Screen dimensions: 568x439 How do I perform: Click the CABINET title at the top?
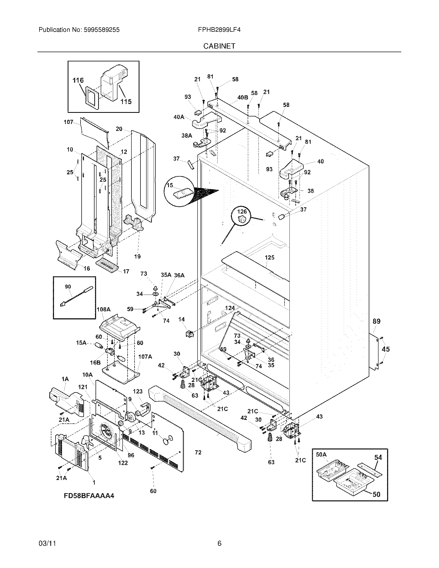219,46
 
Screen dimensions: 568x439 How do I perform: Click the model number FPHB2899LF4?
219,30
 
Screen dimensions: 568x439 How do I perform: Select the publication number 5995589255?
101,30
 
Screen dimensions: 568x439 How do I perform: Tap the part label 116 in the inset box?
78,80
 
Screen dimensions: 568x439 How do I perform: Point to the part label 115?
126,101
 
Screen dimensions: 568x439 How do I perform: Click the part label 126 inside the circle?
242,211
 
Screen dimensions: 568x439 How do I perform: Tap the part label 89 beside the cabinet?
376,321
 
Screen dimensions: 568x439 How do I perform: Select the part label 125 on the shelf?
269,257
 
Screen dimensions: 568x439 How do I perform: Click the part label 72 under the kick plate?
198,453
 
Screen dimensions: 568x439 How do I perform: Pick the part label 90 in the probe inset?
68,287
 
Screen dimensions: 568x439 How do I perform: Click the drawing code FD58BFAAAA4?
89,496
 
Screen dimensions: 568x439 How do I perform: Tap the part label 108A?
103,309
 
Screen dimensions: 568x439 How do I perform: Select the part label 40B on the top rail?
243,97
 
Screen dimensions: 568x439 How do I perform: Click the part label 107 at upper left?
68,122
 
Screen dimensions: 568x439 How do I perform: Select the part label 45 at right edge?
386,349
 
